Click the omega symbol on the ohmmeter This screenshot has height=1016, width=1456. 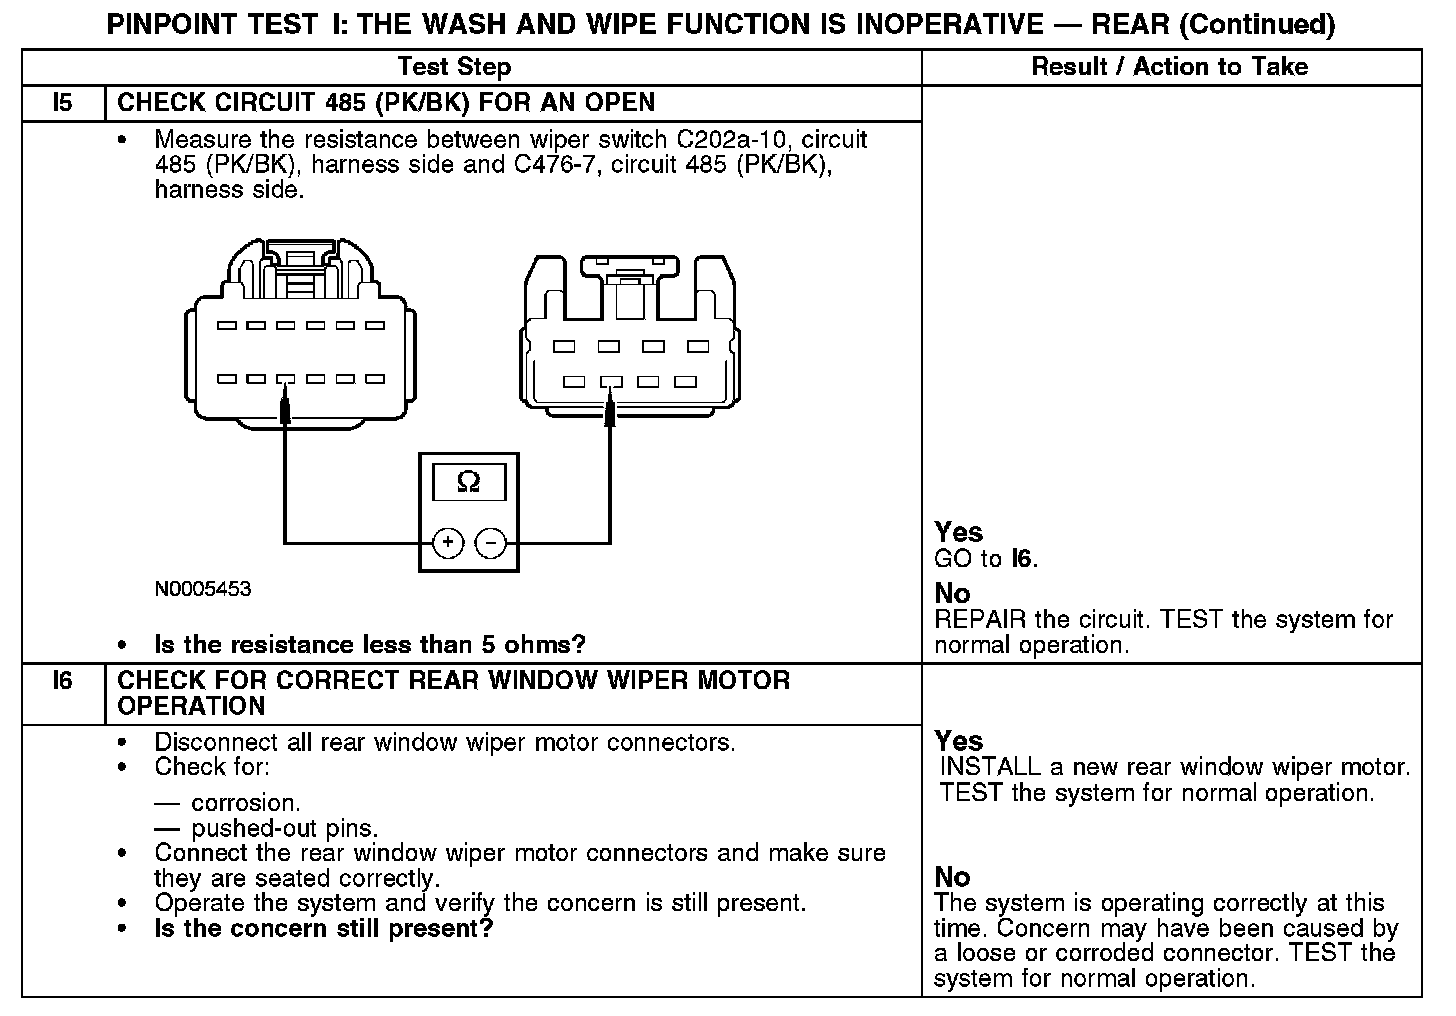[x=468, y=483]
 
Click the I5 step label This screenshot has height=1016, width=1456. [x=62, y=102]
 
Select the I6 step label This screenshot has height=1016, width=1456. [x=62, y=681]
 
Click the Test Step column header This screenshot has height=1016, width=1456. [x=454, y=67]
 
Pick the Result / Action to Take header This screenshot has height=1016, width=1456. [x=1169, y=67]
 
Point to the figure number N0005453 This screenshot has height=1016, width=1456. [x=203, y=589]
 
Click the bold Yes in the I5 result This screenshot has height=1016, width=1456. [x=958, y=532]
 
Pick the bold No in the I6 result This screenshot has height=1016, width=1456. [x=952, y=877]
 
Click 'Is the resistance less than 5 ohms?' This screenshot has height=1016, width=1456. [x=369, y=644]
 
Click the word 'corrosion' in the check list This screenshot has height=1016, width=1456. [x=244, y=803]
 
